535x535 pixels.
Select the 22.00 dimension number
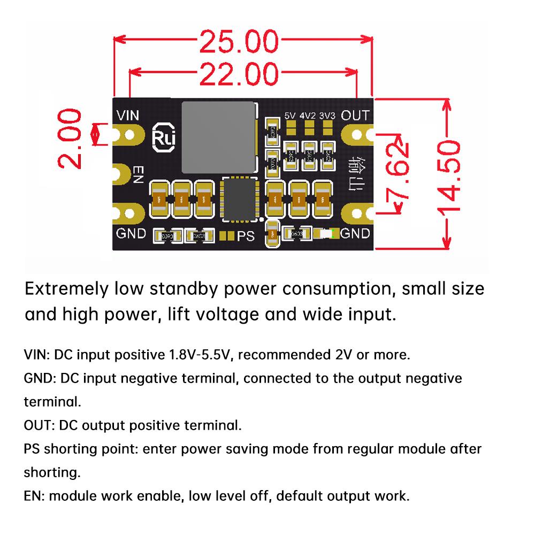(239, 74)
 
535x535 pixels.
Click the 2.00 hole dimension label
(70, 139)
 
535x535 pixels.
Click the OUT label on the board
(355, 116)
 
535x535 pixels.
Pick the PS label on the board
(246, 236)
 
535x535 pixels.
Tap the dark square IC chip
(239, 200)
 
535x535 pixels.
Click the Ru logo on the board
(161, 136)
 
